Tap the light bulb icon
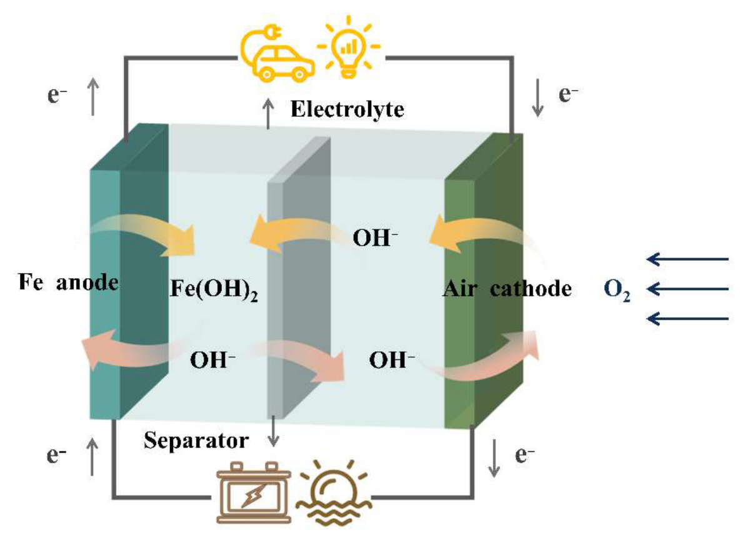coord(349,47)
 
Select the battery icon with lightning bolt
coord(254,493)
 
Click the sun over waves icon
coord(334,493)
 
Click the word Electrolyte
coord(347,109)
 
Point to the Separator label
coord(196,441)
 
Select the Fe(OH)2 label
coord(214,289)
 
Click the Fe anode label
coord(69,282)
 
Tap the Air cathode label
coord(507,289)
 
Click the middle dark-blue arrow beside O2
coord(687,289)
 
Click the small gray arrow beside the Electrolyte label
coord(269,114)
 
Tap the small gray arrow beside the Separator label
coord(273,431)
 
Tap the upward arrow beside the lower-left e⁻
coord(92,457)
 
